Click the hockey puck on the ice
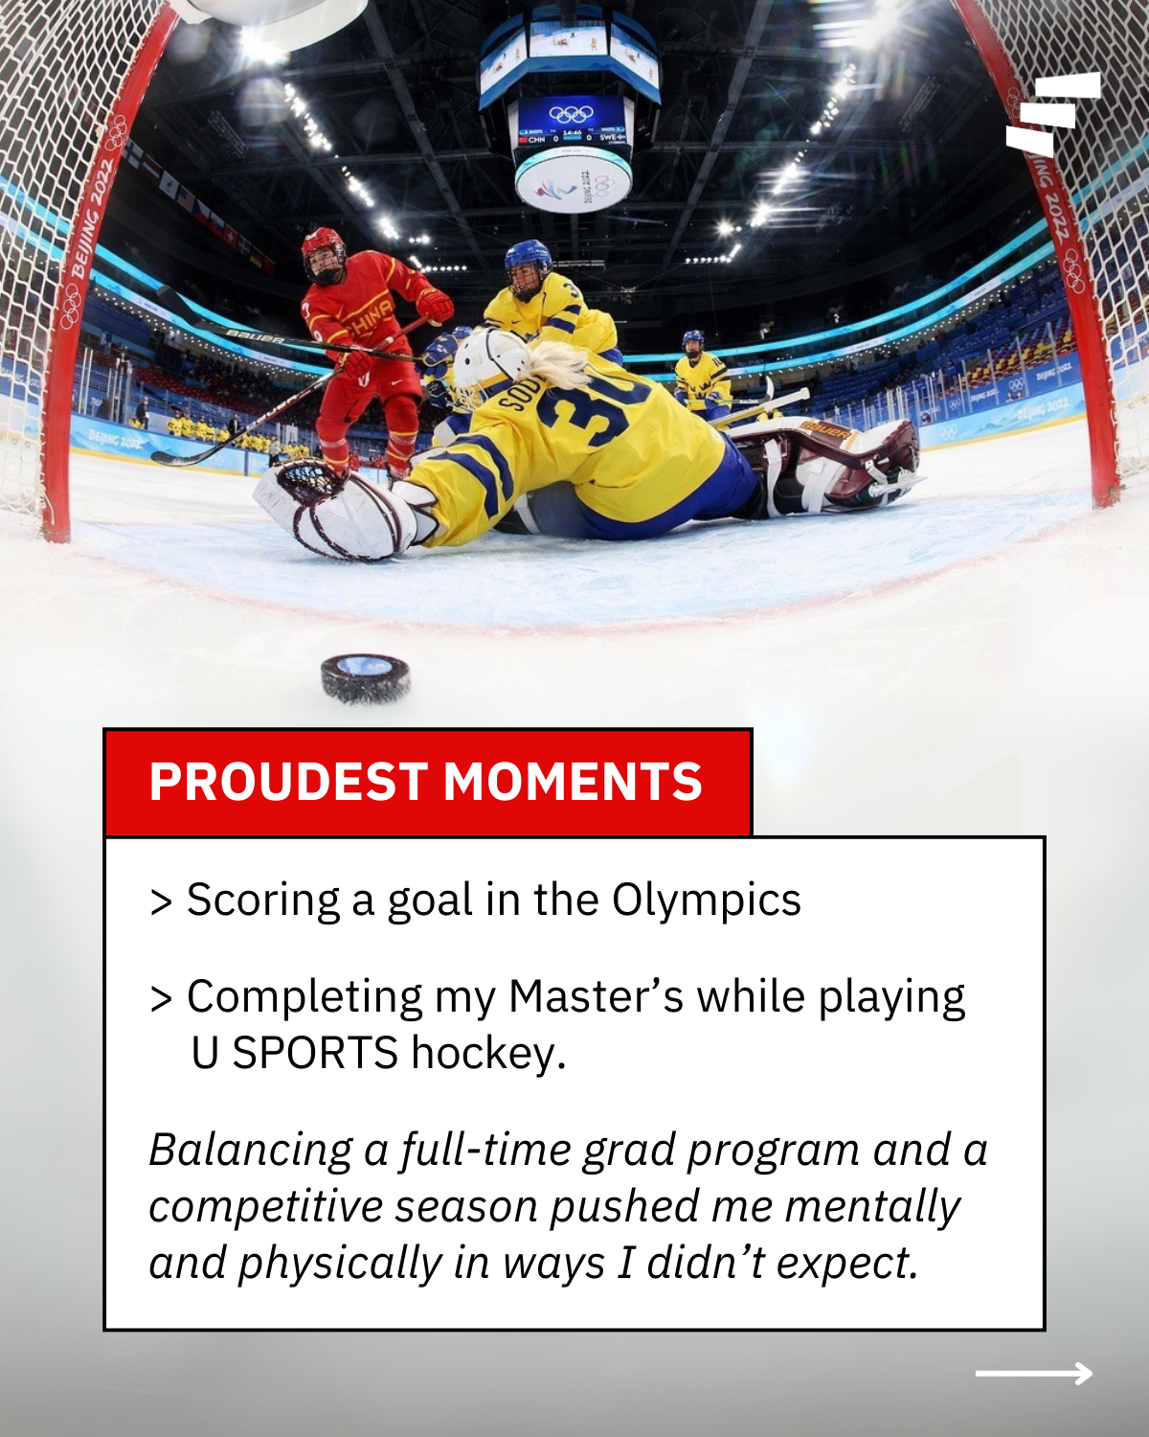point(365,678)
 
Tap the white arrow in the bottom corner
point(1034,1374)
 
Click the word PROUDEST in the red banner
point(287,782)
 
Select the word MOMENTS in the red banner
point(573,782)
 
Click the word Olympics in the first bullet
point(707,901)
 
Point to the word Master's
point(596,997)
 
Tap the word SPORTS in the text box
point(315,1054)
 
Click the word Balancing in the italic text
point(251,1151)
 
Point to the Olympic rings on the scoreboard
point(572,114)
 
